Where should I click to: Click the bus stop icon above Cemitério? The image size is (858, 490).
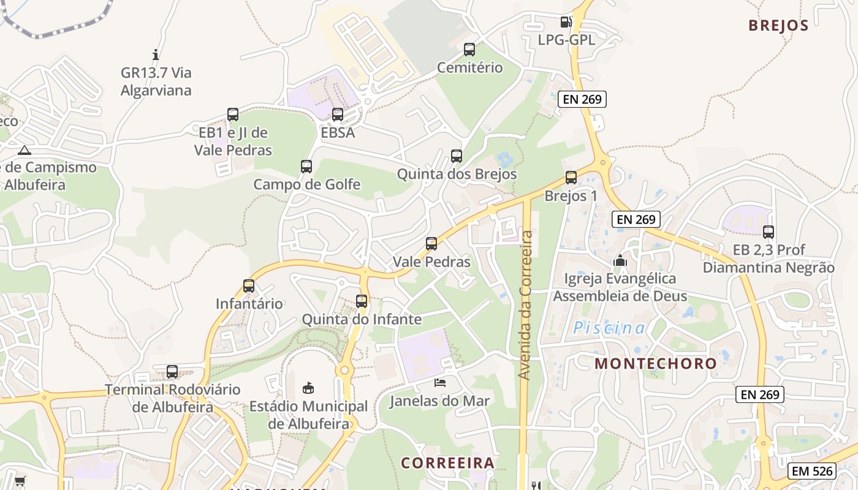(x=469, y=50)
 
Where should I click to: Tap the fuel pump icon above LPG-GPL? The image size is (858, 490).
(x=566, y=22)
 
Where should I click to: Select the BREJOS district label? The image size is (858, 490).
(x=778, y=26)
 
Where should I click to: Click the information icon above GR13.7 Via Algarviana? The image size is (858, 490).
(x=156, y=55)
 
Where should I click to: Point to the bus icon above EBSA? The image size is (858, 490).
(x=338, y=115)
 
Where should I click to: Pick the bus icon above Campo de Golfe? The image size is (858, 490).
(x=306, y=167)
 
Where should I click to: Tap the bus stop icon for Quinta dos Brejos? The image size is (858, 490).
(x=457, y=156)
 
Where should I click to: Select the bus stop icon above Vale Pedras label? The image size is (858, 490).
(x=431, y=244)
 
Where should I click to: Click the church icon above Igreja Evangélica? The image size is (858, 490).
(x=620, y=261)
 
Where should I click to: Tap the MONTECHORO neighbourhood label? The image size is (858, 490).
(x=655, y=363)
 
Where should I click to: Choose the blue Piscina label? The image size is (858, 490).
(x=609, y=328)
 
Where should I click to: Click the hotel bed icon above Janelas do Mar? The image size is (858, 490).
(x=439, y=383)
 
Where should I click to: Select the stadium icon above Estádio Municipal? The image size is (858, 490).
(x=308, y=388)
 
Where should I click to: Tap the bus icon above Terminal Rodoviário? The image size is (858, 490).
(x=172, y=372)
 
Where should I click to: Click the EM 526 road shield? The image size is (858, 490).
(x=811, y=471)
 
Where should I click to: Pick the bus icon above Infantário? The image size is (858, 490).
(x=249, y=286)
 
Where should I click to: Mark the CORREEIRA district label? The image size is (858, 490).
(x=447, y=462)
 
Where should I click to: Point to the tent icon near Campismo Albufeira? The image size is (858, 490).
(x=24, y=150)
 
